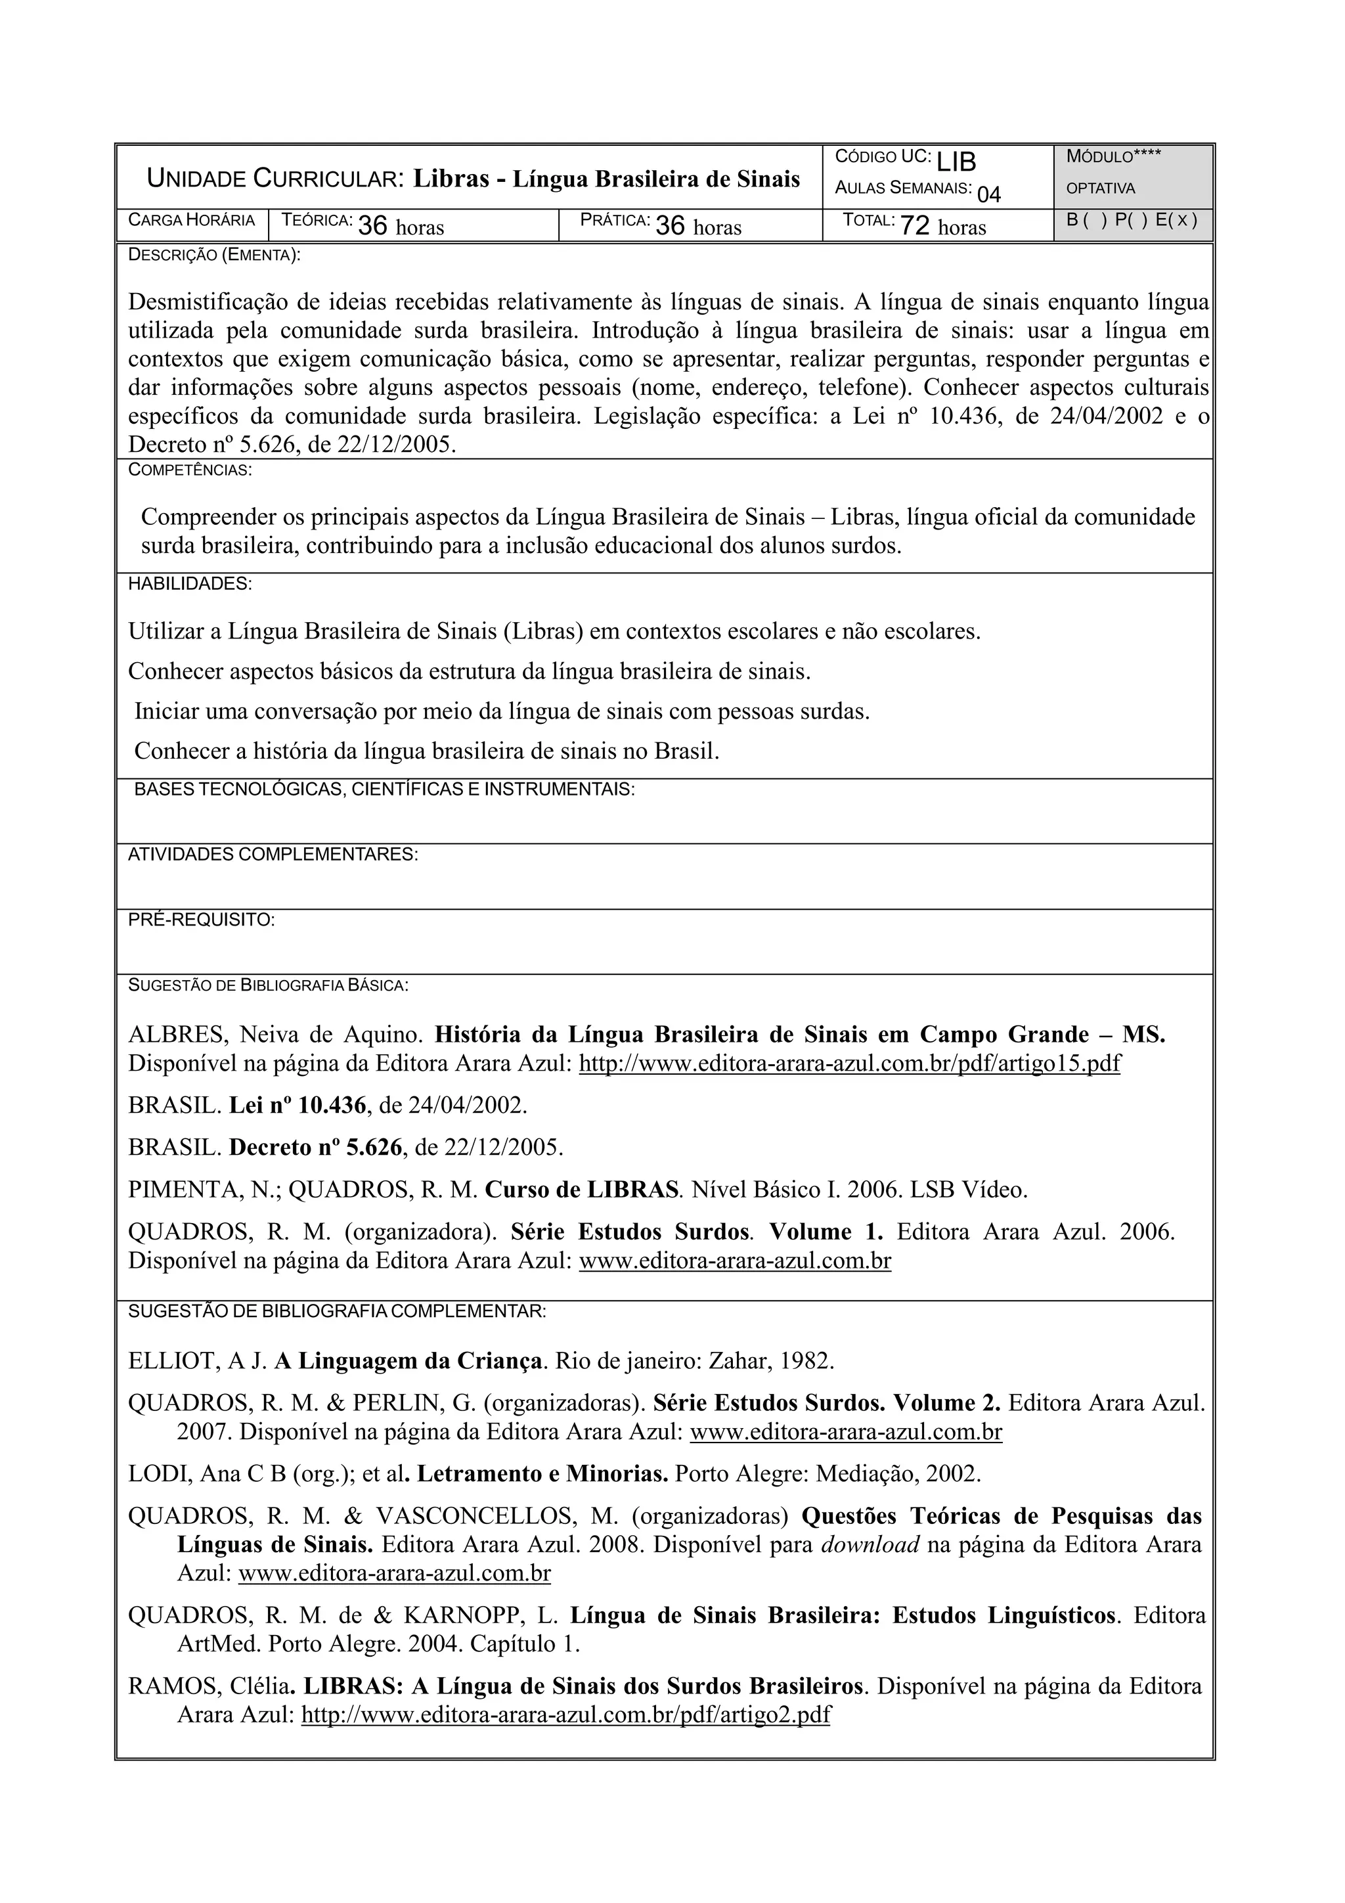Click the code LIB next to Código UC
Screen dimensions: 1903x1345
pyautogui.click(x=957, y=161)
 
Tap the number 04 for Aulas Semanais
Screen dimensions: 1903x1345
pyautogui.click(x=988, y=195)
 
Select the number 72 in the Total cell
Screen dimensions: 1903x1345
pyautogui.click(x=915, y=226)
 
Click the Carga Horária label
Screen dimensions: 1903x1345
pyautogui.click(x=191, y=221)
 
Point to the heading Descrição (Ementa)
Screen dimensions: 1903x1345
pyautogui.click(x=214, y=256)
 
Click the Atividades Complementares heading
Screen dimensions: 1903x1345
pyautogui.click(x=273, y=855)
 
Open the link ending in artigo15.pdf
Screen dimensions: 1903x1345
pyautogui.click(x=849, y=1063)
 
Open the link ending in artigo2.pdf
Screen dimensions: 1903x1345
pyautogui.click(x=565, y=1715)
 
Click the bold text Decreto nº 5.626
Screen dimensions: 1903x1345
pyautogui.click(x=316, y=1148)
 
